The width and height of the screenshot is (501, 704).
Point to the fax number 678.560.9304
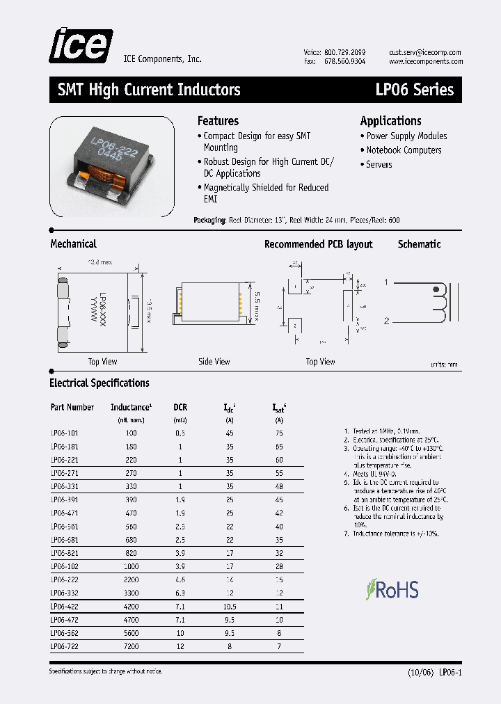click(344, 63)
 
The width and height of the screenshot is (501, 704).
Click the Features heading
click(218, 121)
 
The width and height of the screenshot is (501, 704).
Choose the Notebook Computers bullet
click(404, 150)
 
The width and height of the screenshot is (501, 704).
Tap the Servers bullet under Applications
click(379, 165)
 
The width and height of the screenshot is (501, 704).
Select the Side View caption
click(214, 362)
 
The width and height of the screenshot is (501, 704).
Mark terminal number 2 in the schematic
click(386, 321)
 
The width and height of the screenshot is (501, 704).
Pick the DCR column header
click(180, 408)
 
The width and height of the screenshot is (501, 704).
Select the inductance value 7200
click(131, 646)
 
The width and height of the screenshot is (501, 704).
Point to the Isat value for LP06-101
click(279, 433)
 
